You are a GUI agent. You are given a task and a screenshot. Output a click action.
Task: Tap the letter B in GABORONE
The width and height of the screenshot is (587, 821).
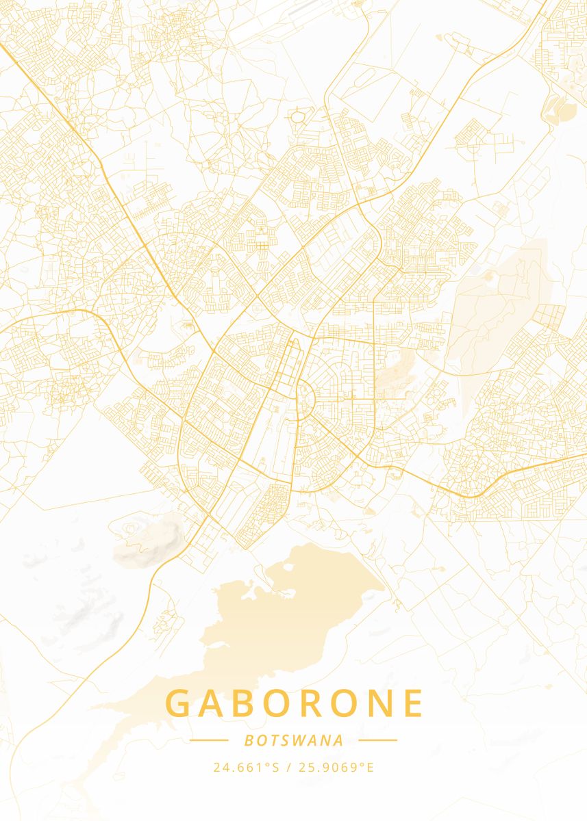[249, 703]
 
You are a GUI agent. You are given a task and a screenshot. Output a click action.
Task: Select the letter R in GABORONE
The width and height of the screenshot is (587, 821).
[318, 703]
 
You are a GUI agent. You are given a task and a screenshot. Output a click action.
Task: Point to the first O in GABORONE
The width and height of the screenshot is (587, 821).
[283, 703]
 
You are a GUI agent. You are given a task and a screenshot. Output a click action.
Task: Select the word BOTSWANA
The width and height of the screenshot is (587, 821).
[293, 740]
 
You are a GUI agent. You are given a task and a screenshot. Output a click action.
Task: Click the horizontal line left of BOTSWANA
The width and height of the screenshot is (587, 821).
[209, 740]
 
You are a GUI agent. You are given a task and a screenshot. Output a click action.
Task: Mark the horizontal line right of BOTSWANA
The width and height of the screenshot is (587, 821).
[377, 740]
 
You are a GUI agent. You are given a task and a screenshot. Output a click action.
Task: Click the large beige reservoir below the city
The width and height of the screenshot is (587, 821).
[274, 616]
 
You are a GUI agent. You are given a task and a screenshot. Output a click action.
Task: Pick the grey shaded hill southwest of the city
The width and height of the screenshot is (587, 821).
[147, 540]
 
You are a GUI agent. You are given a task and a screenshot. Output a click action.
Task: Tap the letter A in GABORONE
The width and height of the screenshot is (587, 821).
[214, 703]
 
